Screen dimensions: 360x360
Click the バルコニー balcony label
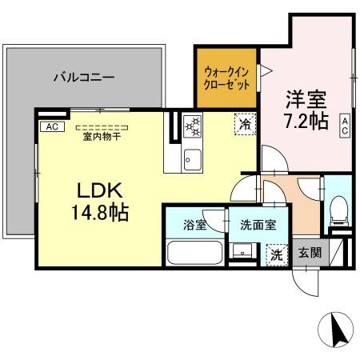[83, 78]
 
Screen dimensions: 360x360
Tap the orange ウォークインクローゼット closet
[227, 78]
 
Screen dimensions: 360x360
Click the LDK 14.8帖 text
[99, 202]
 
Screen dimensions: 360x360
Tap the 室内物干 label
[100, 137]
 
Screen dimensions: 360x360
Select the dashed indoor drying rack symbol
[100, 126]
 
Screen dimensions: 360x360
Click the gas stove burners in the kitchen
[193, 127]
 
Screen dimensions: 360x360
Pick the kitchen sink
[193, 157]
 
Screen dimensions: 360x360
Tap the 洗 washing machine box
[275, 255]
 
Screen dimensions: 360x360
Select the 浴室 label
[194, 225]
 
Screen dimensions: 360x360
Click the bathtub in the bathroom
[194, 254]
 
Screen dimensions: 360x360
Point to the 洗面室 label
[258, 225]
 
